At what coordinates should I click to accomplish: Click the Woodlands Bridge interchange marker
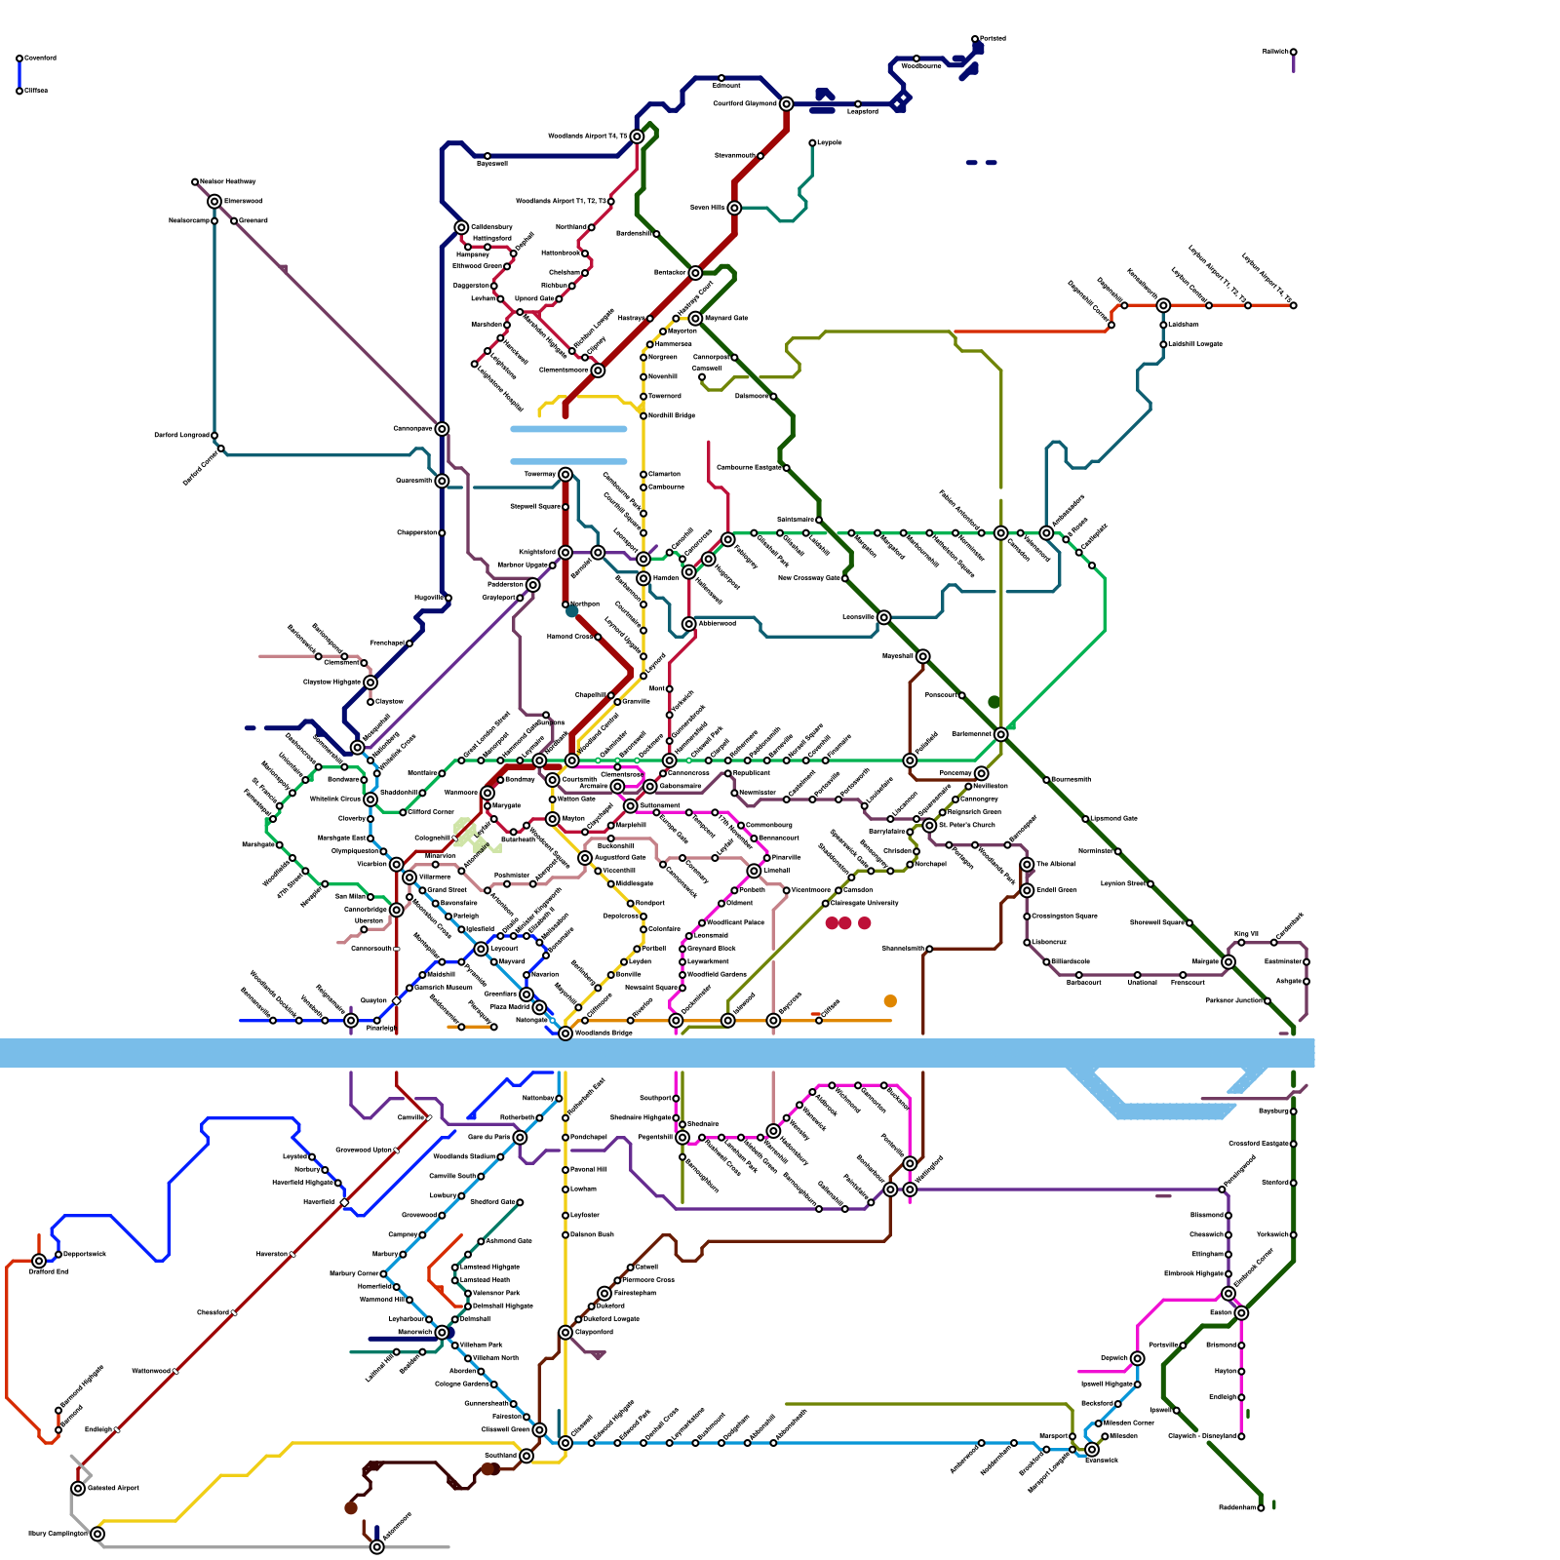click(x=565, y=1033)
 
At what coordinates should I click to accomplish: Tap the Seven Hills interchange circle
click(x=734, y=208)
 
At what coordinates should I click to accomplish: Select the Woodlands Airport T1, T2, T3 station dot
click(x=611, y=202)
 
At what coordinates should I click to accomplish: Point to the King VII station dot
click(x=1241, y=943)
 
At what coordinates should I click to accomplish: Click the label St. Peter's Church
click(x=967, y=825)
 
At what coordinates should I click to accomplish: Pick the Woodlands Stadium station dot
click(x=500, y=1157)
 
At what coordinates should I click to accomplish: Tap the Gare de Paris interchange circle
click(x=520, y=1138)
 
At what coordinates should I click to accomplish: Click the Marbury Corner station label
click(x=354, y=1273)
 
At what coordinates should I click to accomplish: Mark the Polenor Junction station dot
click(x=1267, y=1001)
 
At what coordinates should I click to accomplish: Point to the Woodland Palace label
click(x=735, y=922)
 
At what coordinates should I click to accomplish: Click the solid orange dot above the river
click(x=890, y=1001)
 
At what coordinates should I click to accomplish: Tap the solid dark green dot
click(x=994, y=702)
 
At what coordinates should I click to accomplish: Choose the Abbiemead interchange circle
click(x=689, y=624)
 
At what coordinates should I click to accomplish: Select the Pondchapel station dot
click(x=565, y=1138)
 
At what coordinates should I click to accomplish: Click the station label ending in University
click(x=865, y=903)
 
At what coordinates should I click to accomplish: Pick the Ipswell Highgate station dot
click(x=1138, y=1384)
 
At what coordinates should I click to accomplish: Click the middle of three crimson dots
click(x=845, y=923)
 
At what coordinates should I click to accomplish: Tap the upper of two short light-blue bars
click(x=568, y=429)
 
